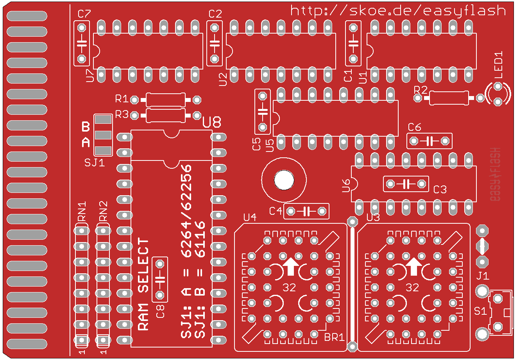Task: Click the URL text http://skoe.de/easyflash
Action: pos(398,11)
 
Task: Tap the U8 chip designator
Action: pos(212,122)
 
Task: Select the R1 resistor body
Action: pos(166,100)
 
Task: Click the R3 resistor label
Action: pos(122,115)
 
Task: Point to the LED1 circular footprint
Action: pos(498,94)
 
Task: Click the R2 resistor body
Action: pos(448,98)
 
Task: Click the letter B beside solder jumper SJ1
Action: pos(86,127)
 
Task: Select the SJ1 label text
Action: pos(95,162)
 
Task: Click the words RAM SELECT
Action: pos(144,285)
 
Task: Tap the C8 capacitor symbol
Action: pos(159,279)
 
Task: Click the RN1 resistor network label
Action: pos(82,211)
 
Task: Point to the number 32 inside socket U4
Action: pos(289,288)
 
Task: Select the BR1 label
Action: pos(334,337)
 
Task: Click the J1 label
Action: pos(483,276)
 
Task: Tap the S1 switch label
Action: pos(480,311)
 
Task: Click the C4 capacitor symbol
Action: pos(306,211)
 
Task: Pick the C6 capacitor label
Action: pos(414,127)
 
